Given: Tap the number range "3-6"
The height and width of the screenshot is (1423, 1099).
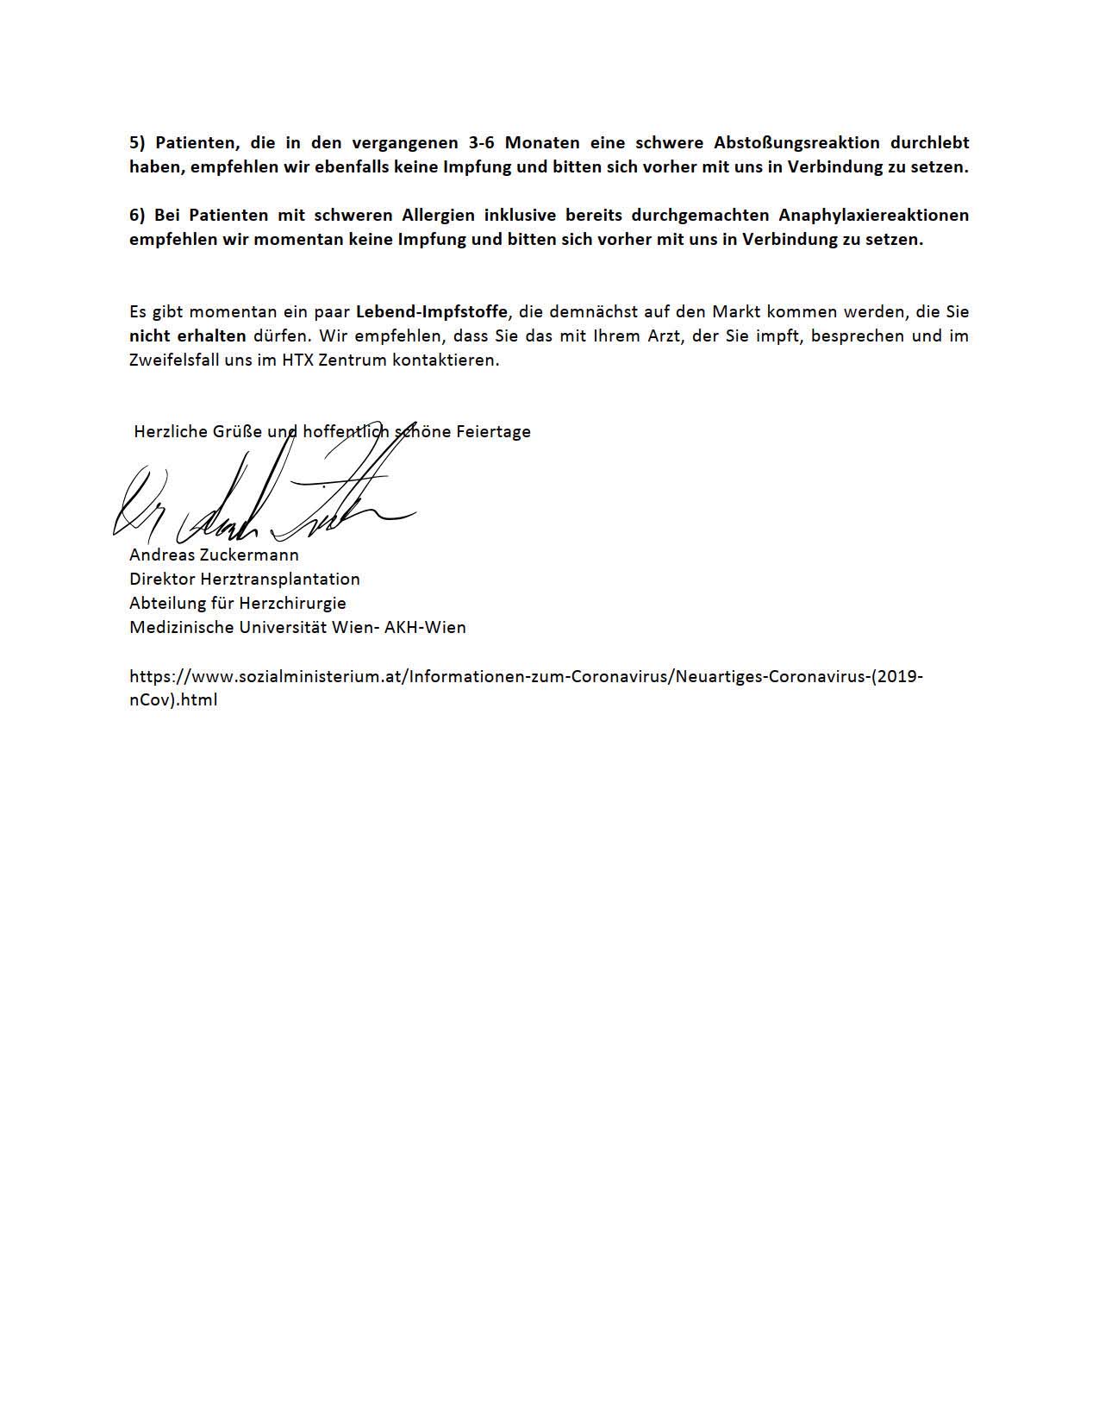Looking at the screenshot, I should [x=475, y=143].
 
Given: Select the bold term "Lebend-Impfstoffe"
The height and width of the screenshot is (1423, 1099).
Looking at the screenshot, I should [x=431, y=311].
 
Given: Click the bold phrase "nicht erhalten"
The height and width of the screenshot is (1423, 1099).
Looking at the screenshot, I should [x=188, y=335].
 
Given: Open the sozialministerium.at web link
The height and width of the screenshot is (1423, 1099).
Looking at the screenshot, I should [x=526, y=677].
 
